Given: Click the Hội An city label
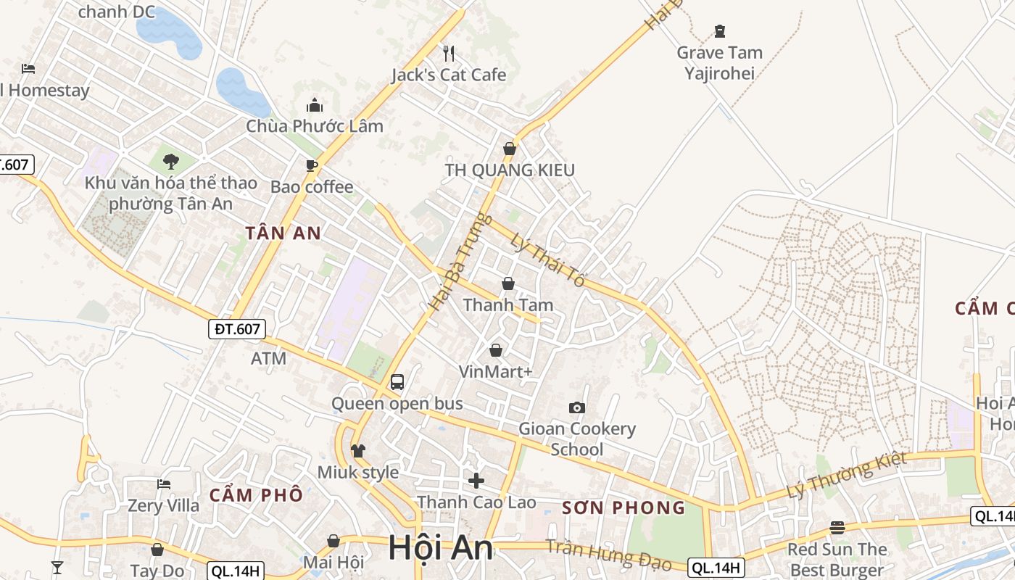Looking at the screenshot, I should pyautogui.click(x=440, y=548).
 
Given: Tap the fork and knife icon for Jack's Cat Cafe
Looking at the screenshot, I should pyautogui.click(x=449, y=53).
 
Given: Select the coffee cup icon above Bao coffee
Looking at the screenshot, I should pyautogui.click(x=312, y=165).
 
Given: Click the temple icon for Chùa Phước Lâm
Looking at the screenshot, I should pyautogui.click(x=315, y=105).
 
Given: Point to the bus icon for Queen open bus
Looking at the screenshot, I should pyautogui.click(x=397, y=382).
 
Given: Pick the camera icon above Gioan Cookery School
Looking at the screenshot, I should pyautogui.click(x=577, y=407).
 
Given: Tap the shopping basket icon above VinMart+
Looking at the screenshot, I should pyautogui.click(x=496, y=351).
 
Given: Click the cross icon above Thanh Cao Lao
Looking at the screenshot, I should pyautogui.click(x=476, y=481).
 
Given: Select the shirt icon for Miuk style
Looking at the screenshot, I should pyautogui.click(x=357, y=451).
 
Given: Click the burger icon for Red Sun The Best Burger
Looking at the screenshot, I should pyautogui.click(x=837, y=528).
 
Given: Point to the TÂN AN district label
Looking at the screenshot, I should pyautogui.click(x=283, y=233).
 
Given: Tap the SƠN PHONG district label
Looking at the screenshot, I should pyautogui.click(x=623, y=507).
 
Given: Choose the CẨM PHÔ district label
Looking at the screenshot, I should pyautogui.click(x=256, y=495).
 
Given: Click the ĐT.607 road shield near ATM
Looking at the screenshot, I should pyautogui.click(x=238, y=329).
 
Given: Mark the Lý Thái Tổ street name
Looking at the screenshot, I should pyautogui.click(x=547, y=260).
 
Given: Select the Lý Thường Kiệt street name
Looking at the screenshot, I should pyautogui.click(x=847, y=476).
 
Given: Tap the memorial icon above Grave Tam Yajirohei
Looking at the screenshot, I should pyautogui.click(x=719, y=31).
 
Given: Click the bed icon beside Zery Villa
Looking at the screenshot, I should pyautogui.click(x=164, y=484).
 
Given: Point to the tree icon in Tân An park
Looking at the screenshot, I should pyautogui.click(x=171, y=161).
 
